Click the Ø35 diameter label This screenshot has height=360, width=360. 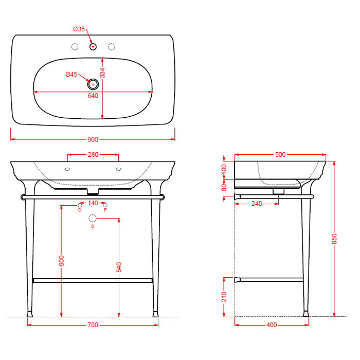pyautogui.click(x=79, y=29)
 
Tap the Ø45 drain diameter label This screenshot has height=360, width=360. pyautogui.click(x=71, y=75)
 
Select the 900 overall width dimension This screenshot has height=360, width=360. pyautogui.click(x=93, y=139)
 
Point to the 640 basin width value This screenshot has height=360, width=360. pyautogui.click(x=93, y=96)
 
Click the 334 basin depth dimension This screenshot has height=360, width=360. pyautogui.click(x=102, y=73)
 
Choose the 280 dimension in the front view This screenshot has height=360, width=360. pyautogui.click(x=93, y=154)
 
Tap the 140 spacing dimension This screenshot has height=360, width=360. pyautogui.click(x=93, y=203)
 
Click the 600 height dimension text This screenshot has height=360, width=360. pyautogui.click(x=61, y=261)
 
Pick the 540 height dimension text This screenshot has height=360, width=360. pyautogui.click(x=119, y=267)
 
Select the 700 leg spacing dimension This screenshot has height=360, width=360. pyautogui.click(x=93, y=325)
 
